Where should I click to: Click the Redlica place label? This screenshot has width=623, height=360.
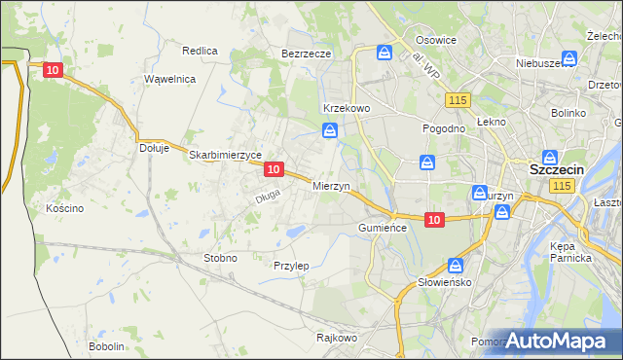pos(200,50)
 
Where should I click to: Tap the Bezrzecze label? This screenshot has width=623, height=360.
pos(307,54)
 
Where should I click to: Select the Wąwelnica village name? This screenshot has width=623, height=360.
pos(169,79)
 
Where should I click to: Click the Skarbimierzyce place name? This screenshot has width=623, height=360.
pos(225,155)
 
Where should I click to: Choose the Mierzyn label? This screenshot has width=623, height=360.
pos(331,185)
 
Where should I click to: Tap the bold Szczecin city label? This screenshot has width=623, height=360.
pos(556,169)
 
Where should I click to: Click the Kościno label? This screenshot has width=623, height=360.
pos(65,208)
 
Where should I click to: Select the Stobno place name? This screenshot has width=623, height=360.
pos(219,258)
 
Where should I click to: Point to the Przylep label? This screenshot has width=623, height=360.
pos(291,266)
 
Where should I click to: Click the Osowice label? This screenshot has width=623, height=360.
pos(436,40)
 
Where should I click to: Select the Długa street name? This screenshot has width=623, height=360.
pos(268,196)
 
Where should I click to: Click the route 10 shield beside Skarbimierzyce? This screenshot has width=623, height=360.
pos(275,169)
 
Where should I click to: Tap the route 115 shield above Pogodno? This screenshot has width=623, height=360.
pos(458,100)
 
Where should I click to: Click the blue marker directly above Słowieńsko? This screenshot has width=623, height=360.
pos(456,265)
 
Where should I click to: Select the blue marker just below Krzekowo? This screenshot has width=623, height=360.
pos(331,130)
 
